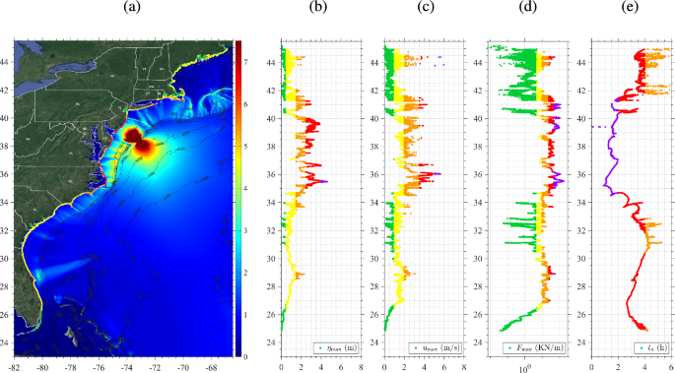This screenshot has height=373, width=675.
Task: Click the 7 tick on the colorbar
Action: pyautogui.click(x=246, y=61)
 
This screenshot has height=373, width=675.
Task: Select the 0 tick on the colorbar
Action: pyautogui.click(x=246, y=356)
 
